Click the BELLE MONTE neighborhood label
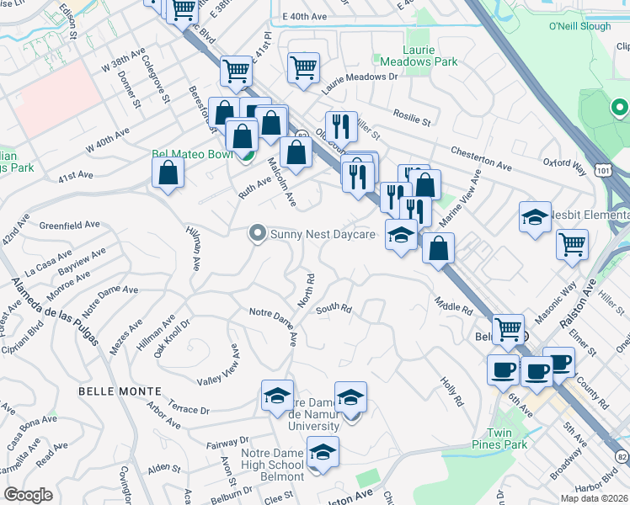point(120,391)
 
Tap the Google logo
point(28,494)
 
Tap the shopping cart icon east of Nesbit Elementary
point(573,244)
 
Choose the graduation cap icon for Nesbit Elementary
point(535,217)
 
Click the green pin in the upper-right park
point(619,107)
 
